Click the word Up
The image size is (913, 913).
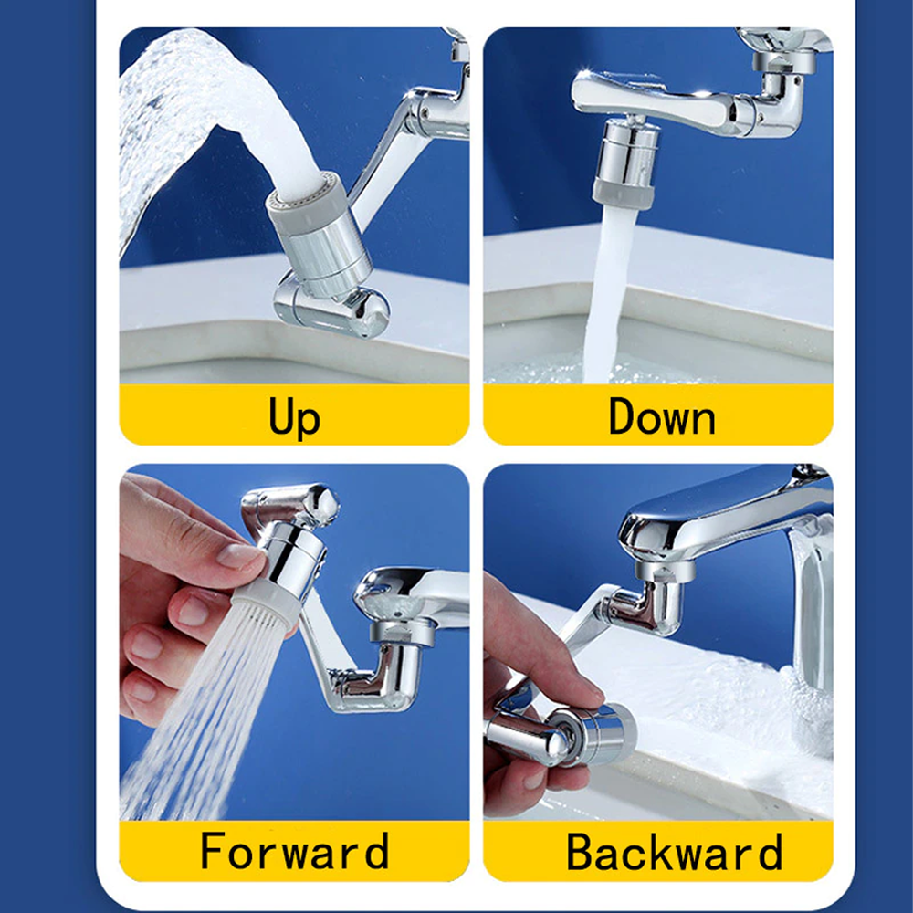pos(294,417)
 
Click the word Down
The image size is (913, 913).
pos(662,417)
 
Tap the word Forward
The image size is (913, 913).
pos(294,852)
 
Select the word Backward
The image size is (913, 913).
pos(674,852)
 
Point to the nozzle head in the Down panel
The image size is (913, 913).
pos(625,164)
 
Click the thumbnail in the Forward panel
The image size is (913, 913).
pos(240,556)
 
